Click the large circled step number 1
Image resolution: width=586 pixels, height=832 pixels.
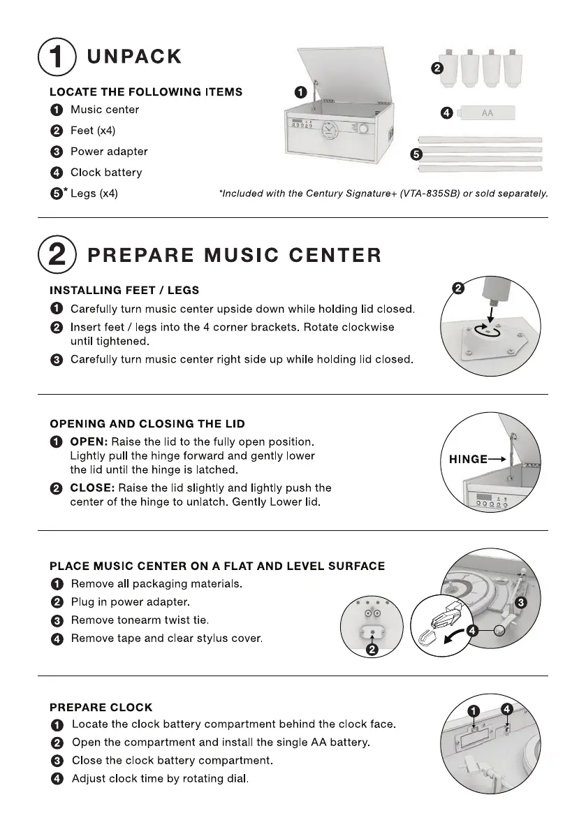click(x=57, y=57)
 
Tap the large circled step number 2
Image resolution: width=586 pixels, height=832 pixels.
click(x=57, y=254)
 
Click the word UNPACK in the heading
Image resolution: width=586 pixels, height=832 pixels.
click(x=134, y=57)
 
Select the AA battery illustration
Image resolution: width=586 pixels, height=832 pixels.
click(x=486, y=113)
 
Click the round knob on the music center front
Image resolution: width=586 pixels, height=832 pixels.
click(x=365, y=129)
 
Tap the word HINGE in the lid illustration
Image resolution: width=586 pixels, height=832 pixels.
click(x=468, y=460)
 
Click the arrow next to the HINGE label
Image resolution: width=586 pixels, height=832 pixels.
click(x=497, y=460)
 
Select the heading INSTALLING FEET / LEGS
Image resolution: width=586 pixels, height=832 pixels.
click(x=124, y=290)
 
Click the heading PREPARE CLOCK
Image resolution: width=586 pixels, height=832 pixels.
click(x=101, y=708)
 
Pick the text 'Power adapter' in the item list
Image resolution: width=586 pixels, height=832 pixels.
click(x=109, y=152)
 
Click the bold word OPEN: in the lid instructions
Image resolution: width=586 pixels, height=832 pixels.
click(x=89, y=442)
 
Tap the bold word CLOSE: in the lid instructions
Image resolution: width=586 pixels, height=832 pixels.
click(x=92, y=488)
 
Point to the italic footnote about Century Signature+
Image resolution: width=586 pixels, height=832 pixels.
click(x=383, y=194)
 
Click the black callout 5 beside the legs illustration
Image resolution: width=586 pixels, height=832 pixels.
click(x=416, y=154)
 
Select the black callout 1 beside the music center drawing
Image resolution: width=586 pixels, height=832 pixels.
click(x=301, y=92)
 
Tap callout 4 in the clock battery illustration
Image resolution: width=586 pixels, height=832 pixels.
click(x=507, y=710)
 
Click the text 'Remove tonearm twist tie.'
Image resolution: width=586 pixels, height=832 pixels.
click(x=140, y=620)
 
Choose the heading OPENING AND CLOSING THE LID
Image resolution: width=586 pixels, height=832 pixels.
click(x=147, y=424)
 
